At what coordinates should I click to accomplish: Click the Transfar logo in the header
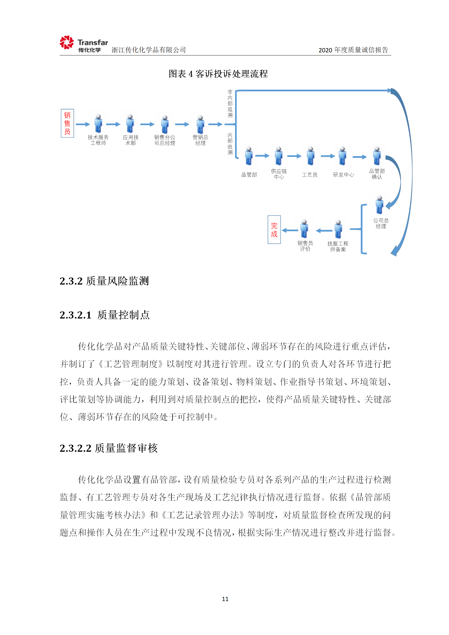(84, 44)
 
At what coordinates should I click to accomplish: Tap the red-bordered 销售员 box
(67, 123)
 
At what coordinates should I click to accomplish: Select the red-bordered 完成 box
(274, 230)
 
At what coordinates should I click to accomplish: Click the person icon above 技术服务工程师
(98, 123)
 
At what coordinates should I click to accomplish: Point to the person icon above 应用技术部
(130, 123)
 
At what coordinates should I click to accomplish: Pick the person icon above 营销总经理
(200, 124)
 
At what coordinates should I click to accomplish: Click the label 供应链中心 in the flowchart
(279, 174)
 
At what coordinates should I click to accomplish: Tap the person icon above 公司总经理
(379, 205)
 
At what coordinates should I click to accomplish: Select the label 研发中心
(343, 175)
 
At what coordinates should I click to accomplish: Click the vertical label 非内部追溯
(230, 104)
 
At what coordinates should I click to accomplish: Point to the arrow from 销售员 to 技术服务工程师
(83, 124)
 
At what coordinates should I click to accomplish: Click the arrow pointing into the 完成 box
(290, 231)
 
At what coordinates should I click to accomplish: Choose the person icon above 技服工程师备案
(338, 229)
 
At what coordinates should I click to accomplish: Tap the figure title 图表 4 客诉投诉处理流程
(218, 74)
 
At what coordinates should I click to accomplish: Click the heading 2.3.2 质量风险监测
(104, 281)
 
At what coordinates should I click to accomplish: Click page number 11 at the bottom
(225, 599)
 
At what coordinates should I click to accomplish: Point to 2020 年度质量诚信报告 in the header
(353, 50)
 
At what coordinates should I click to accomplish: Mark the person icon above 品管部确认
(377, 156)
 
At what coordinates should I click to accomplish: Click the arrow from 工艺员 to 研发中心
(328, 156)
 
